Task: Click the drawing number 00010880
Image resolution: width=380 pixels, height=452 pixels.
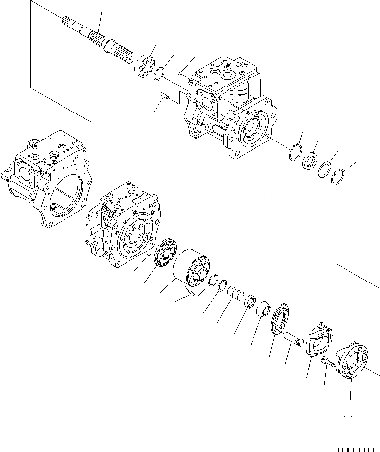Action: pos(357,448)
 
